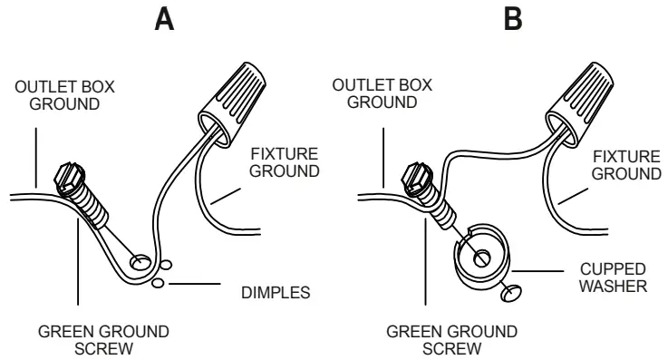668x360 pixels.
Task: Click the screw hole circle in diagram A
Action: point(140,263)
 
